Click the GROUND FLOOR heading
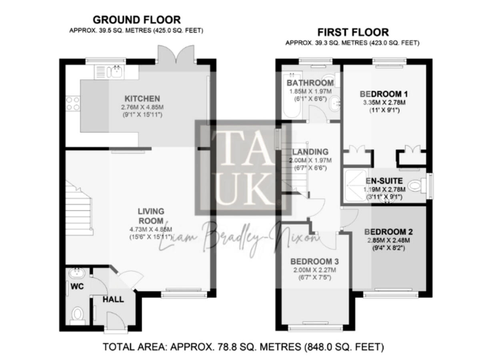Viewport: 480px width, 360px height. pos(137,19)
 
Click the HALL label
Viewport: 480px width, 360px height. pos(113,299)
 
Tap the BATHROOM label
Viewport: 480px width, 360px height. pos(310,82)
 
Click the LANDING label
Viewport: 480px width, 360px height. pos(311,152)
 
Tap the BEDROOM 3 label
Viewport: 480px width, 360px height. pos(315,261)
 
